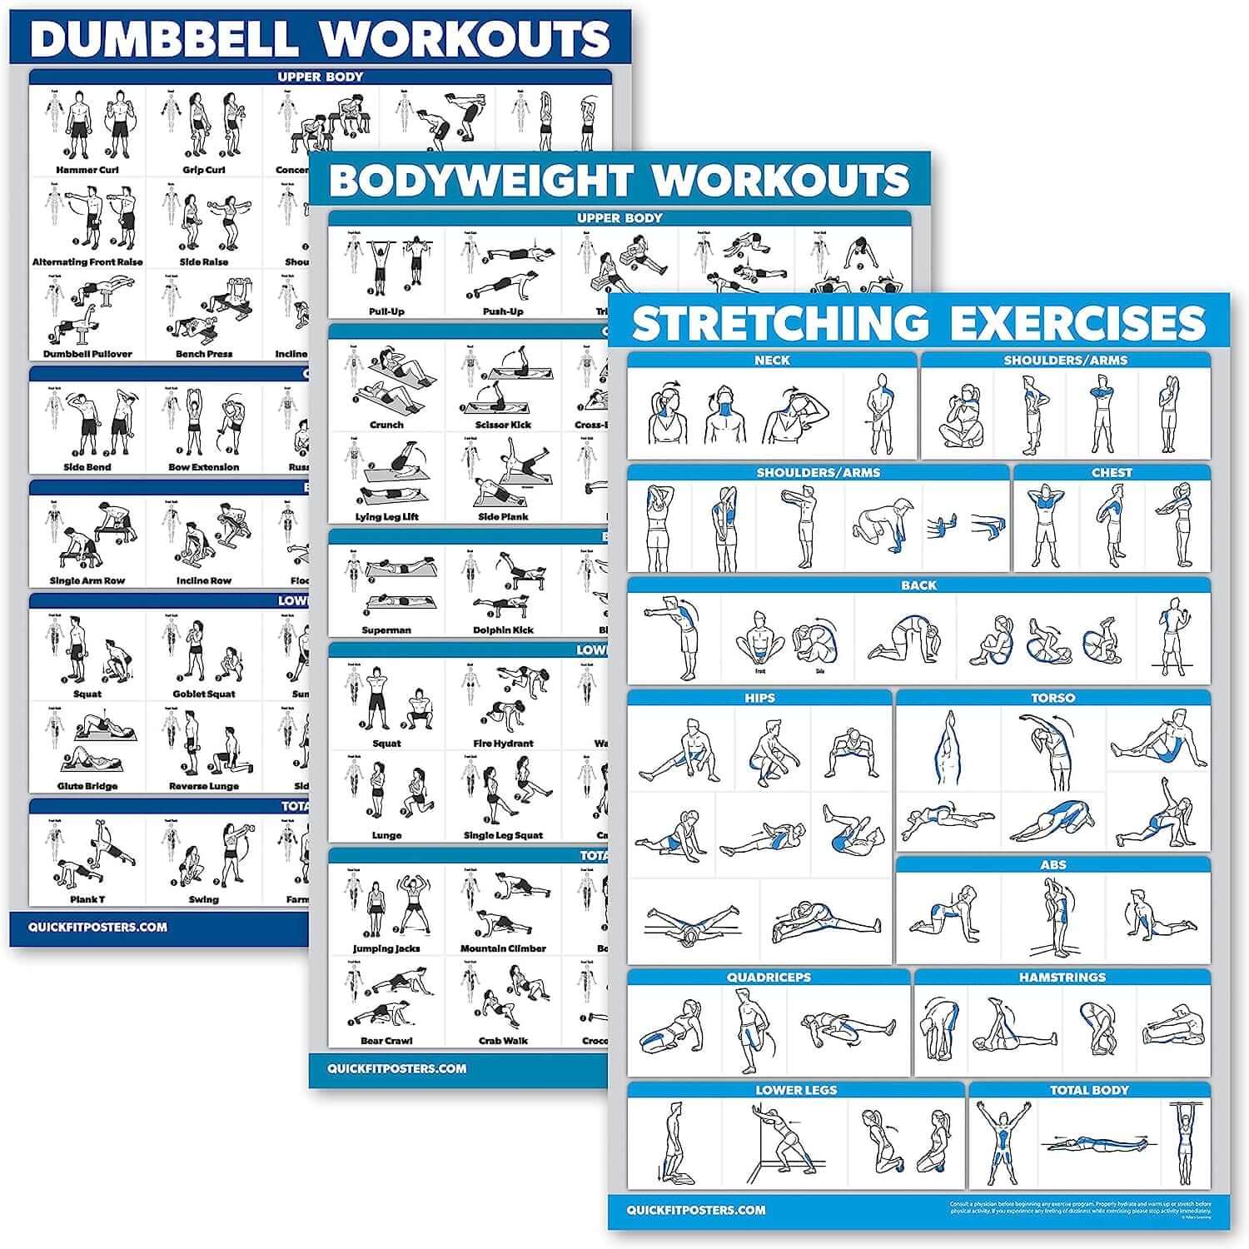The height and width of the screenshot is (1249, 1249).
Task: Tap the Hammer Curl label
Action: tap(87, 170)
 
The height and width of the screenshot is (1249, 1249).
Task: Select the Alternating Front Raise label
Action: tap(87, 261)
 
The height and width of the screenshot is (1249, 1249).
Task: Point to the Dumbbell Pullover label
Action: tap(87, 354)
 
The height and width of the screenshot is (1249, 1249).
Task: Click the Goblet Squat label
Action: tap(204, 694)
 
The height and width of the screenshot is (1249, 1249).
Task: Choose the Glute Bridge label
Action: tap(87, 786)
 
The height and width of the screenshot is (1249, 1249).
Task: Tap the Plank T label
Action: tap(87, 899)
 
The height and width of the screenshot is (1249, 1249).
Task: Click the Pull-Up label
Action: tap(386, 311)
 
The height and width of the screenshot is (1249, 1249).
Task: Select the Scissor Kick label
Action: tap(503, 425)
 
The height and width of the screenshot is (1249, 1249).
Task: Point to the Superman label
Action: tap(386, 630)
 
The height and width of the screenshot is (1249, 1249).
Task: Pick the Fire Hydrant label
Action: tap(503, 744)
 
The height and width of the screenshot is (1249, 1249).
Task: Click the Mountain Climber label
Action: tap(503, 948)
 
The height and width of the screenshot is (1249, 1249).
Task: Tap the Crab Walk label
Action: tap(503, 1041)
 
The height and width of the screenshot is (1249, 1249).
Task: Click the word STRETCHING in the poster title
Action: tap(769, 324)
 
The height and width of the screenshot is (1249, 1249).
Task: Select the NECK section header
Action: tap(772, 361)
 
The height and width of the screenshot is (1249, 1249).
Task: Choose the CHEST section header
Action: tap(1112, 473)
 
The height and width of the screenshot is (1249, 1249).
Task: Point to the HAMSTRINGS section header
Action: tap(1062, 978)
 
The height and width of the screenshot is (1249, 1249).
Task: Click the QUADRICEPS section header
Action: tap(768, 978)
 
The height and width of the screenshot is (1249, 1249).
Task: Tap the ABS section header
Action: tap(1052, 865)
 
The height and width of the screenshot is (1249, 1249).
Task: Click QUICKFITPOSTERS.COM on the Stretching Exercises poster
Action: tap(696, 1210)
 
